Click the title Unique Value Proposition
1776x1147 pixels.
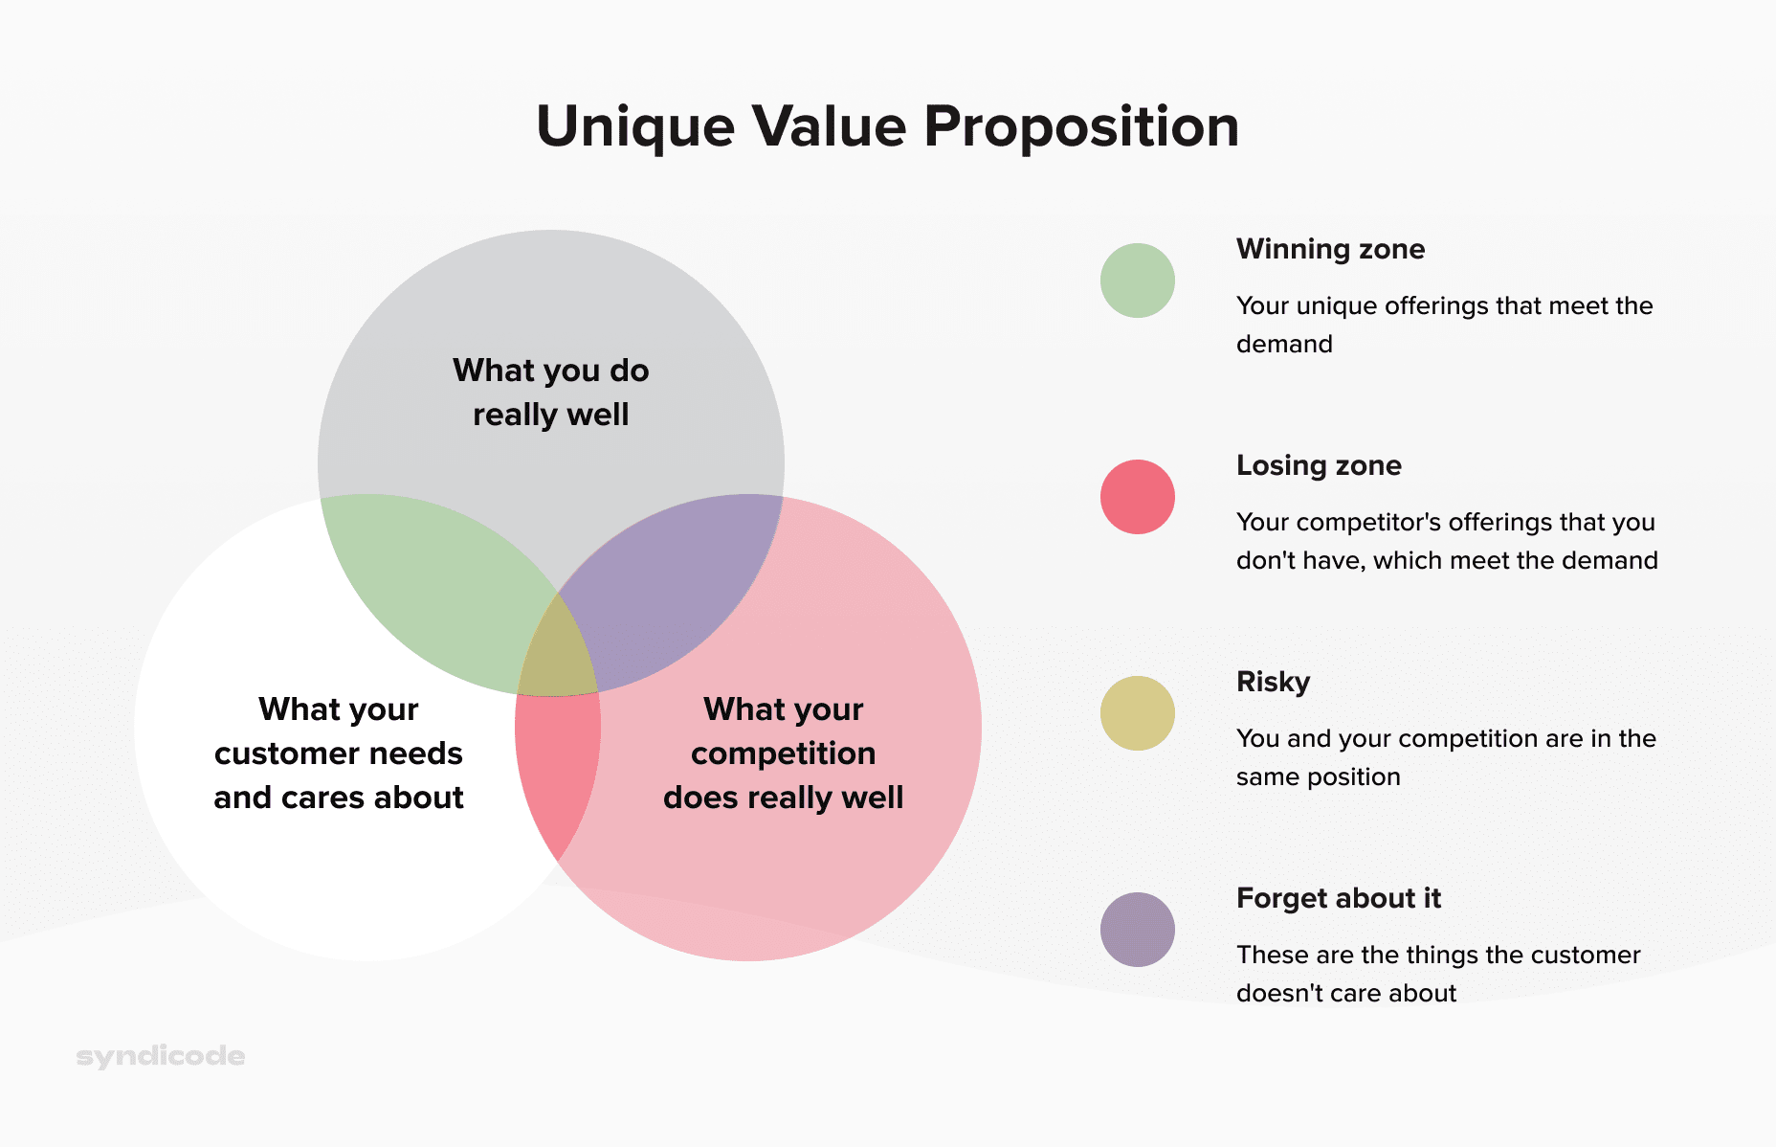coord(887,126)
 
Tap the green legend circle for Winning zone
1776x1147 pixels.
coord(1137,281)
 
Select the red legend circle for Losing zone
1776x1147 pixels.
coord(1137,497)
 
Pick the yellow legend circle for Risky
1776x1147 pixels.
coord(1137,713)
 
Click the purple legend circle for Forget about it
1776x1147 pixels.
coord(1137,930)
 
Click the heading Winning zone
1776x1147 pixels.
coord(1330,249)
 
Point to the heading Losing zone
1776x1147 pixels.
coord(1319,465)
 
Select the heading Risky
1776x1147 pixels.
coord(1273,682)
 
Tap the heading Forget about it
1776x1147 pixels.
coord(1338,898)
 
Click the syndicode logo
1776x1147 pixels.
coord(160,1056)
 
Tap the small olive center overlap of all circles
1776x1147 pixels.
coord(557,656)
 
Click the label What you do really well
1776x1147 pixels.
coord(551,393)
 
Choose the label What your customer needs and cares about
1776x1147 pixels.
coord(339,753)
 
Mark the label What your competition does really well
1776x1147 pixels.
coord(783,753)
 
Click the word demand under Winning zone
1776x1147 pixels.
coord(1284,345)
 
